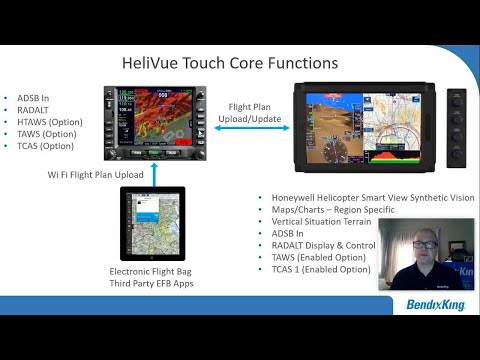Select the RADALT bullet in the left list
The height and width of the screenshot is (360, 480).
coord(35,110)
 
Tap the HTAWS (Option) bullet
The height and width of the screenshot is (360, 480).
coord(49,122)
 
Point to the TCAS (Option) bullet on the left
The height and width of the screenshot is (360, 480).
coord(45,146)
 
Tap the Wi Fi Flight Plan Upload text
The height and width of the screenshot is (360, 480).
coord(96,174)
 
